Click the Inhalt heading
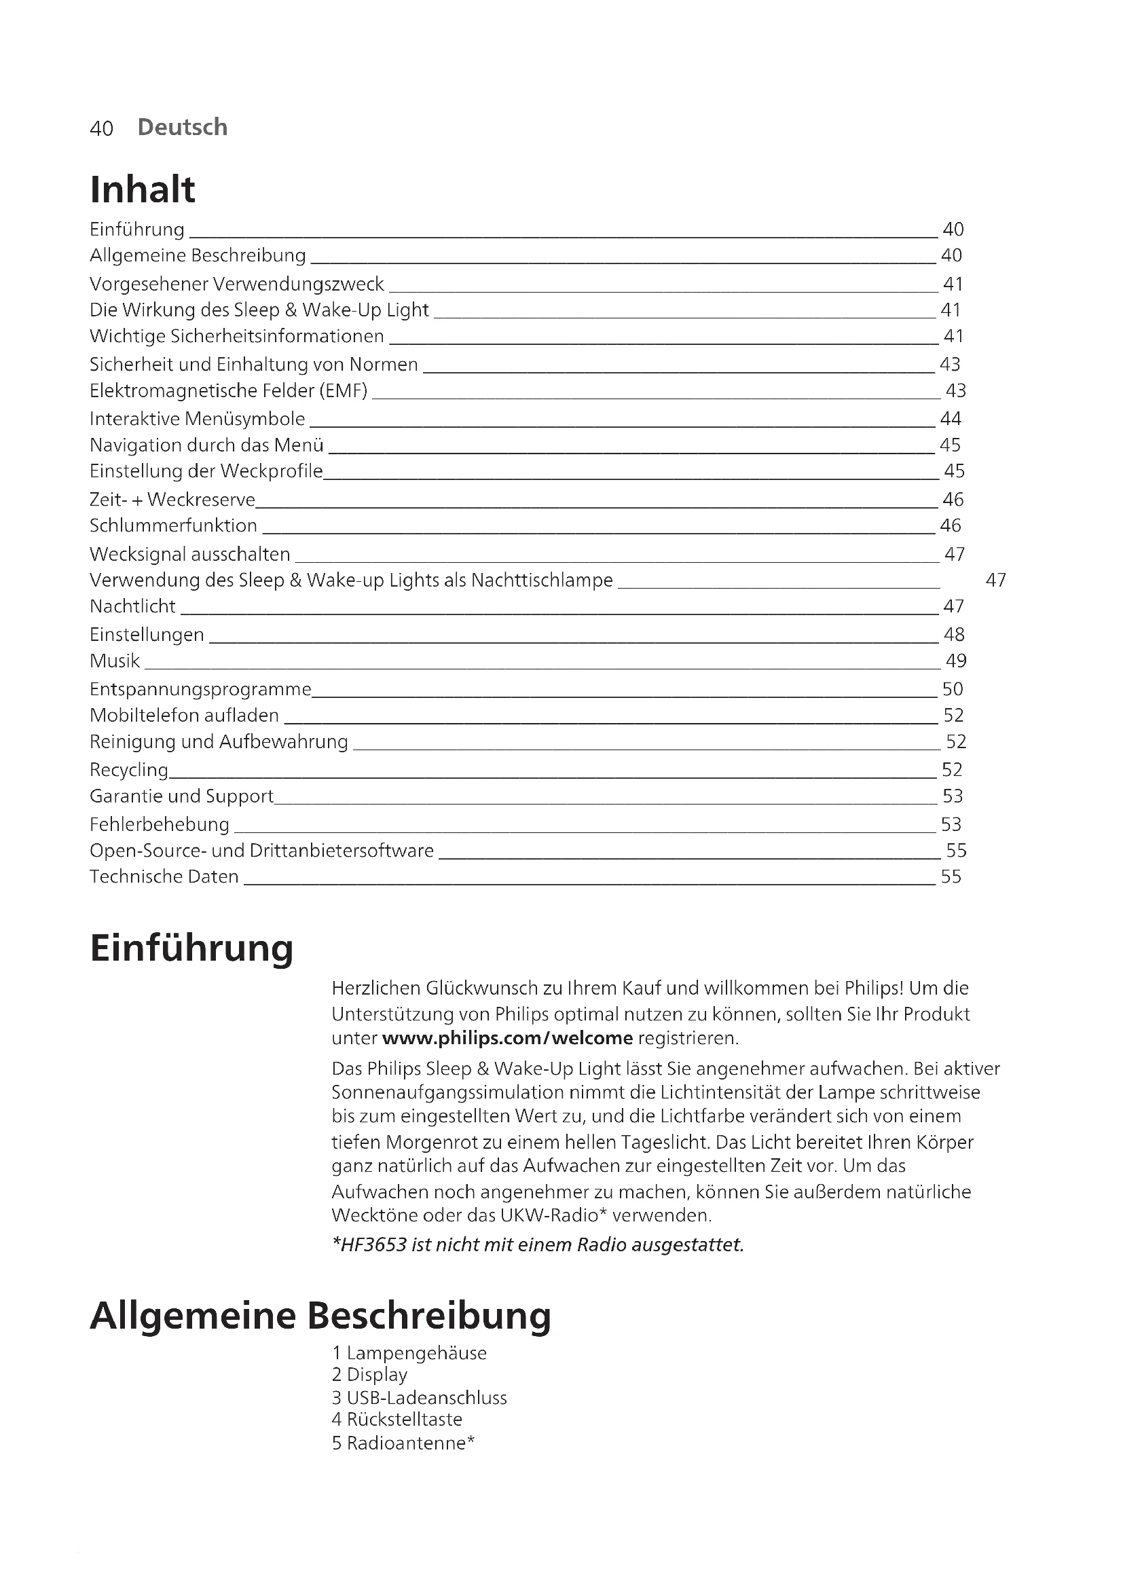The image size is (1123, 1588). tap(143, 189)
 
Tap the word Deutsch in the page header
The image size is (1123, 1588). tap(183, 127)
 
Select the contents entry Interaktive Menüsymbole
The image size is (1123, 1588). tap(197, 418)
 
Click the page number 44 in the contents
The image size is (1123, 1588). tap(951, 418)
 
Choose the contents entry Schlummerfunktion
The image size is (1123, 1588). tap(173, 525)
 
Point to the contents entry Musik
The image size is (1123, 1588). tap(115, 661)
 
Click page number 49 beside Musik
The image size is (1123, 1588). tap(956, 661)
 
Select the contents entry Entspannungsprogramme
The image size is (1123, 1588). tap(200, 690)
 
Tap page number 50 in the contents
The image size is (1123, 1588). tap(952, 689)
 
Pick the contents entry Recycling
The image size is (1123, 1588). tap(129, 770)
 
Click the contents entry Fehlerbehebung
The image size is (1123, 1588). tap(159, 824)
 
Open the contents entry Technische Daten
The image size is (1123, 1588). tap(164, 877)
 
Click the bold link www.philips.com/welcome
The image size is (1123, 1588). tap(507, 1038)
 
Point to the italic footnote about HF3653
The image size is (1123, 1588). tap(538, 1245)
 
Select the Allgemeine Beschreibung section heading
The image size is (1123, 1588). tap(320, 1316)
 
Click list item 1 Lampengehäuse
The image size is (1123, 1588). tap(409, 1353)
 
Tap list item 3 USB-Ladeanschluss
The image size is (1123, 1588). tap(419, 1398)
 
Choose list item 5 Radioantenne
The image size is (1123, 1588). tap(403, 1443)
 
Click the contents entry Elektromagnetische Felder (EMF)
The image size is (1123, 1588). tap(228, 391)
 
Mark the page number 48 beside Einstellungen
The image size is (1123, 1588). tap(953, 635)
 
